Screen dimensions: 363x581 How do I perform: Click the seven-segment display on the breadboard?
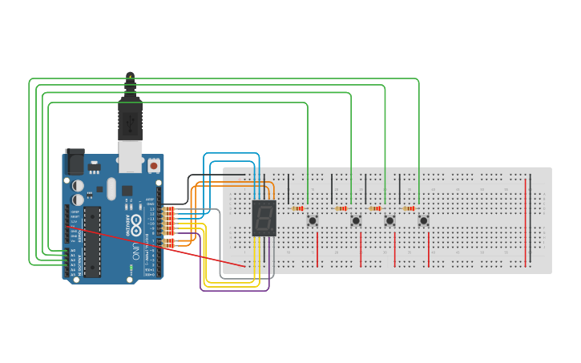pyautogui.click(x=264, y=218)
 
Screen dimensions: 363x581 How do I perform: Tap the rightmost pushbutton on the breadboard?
pyautogui.click(x=423, y=220)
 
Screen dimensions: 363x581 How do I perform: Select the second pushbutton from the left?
pyautogui.click(x=356, y=220)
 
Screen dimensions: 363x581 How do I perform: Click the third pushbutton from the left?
pyautogui.click(x=389, y=220)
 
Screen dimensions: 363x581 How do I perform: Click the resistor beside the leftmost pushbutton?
pyautogui.click(x=297, y=208)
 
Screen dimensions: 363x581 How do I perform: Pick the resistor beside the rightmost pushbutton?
pyautogui.click(x=409, y=208)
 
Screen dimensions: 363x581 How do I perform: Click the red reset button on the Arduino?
pyautogui.click(x=153, y=165)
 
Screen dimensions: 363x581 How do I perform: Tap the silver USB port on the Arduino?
pyautogui.click(x=130, y=157)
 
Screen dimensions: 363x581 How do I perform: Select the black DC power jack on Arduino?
pyautogui.click(x=75, y=162)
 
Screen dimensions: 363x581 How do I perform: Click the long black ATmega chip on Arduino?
pyautogui.click(x=93, y=240)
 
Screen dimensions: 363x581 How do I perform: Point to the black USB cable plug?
pyautogui.click(x=130, y=116)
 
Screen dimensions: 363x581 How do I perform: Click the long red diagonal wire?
pyautogui.click(x=160, y=245)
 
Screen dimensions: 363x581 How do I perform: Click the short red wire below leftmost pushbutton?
pyautogui.click(x=318, y=249)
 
